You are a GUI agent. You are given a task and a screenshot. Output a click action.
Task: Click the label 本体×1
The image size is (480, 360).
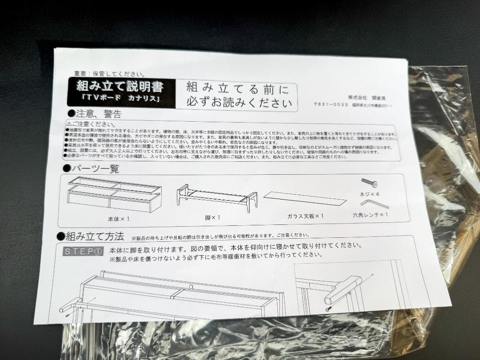117,219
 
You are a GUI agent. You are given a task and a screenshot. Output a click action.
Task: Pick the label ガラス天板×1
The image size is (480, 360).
305,216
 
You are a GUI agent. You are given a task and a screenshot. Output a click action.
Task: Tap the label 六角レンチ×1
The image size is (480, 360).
371,215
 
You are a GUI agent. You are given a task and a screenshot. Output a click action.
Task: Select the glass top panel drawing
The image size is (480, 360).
305,198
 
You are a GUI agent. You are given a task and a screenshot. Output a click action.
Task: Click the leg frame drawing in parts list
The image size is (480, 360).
217,196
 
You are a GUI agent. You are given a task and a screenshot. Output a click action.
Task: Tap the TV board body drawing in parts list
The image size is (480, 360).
114,194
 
